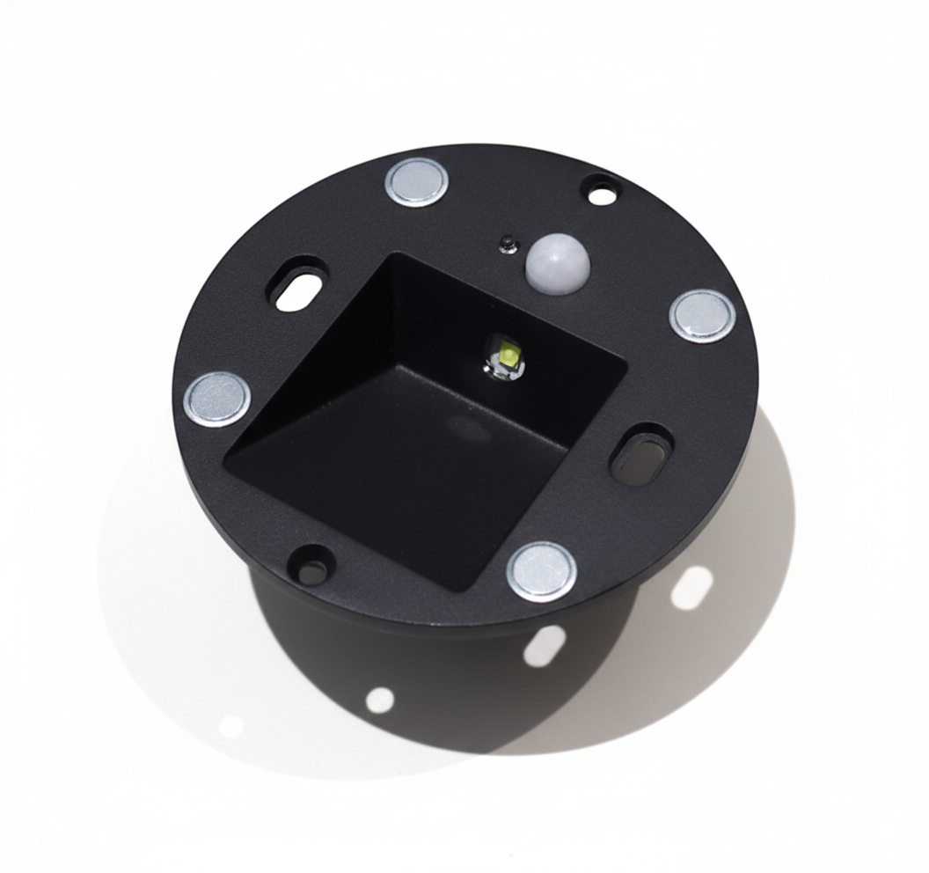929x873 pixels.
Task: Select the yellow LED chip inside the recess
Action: coord(508,357)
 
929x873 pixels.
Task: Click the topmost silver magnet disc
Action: coord(416,181)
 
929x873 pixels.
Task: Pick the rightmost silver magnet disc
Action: coord(702,315)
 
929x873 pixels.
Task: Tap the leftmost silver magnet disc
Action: coord(216,399)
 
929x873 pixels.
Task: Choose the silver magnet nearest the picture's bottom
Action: coord(543,571)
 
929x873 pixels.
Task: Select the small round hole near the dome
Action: coord(602,191)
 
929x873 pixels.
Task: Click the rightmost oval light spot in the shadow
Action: coord(691,587)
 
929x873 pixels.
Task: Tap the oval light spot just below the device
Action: coord(544,646)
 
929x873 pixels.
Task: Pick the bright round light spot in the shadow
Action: coord(379,701)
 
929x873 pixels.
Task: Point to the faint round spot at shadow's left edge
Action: coord(230,727)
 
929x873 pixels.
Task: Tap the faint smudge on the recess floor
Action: coord(467,429)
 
